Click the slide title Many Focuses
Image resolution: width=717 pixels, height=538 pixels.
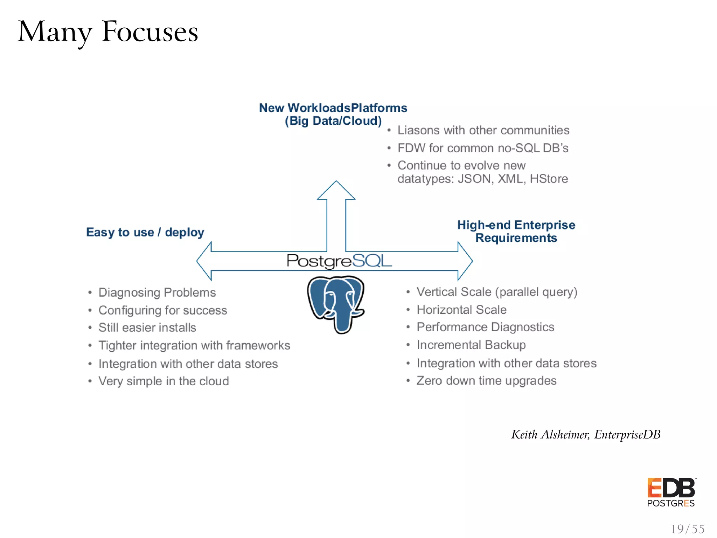pyautogui.click(x=108, y=32)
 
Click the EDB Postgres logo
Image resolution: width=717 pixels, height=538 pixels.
pyautogui.click(x=671, y=492)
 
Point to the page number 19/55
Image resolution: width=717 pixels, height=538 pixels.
pyautogui.click(x=687, y=529)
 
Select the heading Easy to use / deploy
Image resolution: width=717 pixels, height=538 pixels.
pyautogui.click(x=145, y=232)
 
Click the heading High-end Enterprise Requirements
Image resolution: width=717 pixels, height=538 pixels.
pyautogui.click(x=516, y=231)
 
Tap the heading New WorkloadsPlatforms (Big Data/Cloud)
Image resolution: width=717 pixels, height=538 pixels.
pyautogui.click(x=333, y=114)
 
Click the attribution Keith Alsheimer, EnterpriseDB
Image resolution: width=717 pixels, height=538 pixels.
pyautogui.click(x=586, y=434)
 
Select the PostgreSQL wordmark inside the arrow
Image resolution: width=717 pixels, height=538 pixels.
pyautogui.click(x=339, y=261)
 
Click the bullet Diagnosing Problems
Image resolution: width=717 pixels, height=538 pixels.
pyautogui.click(x=157, y=292)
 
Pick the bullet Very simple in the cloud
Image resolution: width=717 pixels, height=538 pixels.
pyautogui.click(x=163, y=381)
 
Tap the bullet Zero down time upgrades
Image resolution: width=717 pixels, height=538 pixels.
pyautogui.click(x=486, y=381)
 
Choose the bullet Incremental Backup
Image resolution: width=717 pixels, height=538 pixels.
pyautogui.click(x=471, y=345)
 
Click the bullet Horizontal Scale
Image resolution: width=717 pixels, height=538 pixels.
pyautogui.click(x=461, y=310)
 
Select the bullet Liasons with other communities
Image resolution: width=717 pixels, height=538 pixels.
pyautogui.click(x=483, y=130)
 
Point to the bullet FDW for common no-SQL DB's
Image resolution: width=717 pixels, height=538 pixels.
pyautogui.click(x=483, y=148)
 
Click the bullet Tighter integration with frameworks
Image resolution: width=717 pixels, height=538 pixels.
pyautogui.click(x=194, y=346)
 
